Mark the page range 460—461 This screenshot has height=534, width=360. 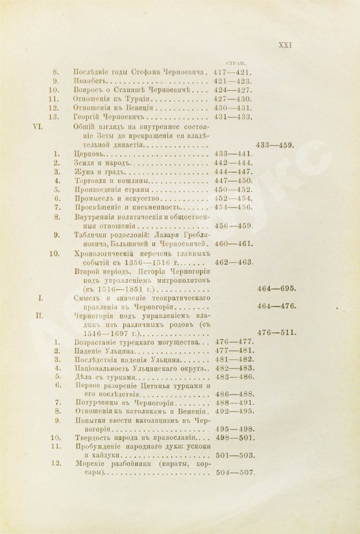pyautogui.click(x=233, y=243)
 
